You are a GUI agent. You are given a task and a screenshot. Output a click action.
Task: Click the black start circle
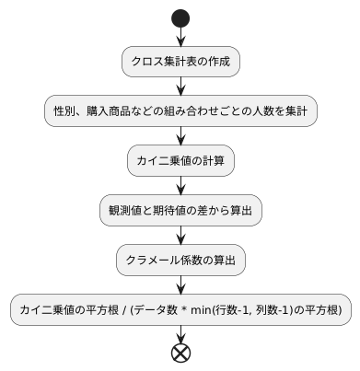pyautogui.click(x=180, y=18)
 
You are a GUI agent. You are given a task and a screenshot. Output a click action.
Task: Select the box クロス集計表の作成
pyautogui.click(x=180, y=62)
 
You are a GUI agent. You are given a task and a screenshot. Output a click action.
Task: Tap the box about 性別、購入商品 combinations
pyautogui.click(x=180, y=111)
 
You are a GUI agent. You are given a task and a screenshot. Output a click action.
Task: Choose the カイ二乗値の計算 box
pyautogui.click(x=180, y=161)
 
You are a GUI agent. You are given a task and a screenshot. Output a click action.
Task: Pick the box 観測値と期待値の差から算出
pyautogui.click(x=180, y=211)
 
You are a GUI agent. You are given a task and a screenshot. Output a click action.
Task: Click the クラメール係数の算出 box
pyautogui.click(x=180, y=261)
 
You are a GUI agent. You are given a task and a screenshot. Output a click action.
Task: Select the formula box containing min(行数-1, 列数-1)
pyautogui.click(x=180, y=310)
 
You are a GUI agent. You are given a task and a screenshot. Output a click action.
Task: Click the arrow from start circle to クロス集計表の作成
pyautogui.click(x=180, y=37)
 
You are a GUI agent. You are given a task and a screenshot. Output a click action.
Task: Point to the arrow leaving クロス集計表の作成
pyautogui.click(x=180, y=86)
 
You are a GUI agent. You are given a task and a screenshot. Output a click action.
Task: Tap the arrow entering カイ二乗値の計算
pyautogui.click(x=180, y=136)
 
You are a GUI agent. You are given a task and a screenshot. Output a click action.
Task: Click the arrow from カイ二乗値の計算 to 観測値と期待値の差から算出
pyautogui.click(x=180, y=186)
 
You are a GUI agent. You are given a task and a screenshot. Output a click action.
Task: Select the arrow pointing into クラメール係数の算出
pyautogui.click(x=180, y=236)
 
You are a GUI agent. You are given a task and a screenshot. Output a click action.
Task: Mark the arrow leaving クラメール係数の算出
pyautogui.click(x=180, y=285)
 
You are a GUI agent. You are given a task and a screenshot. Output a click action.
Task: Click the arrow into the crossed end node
pyautogui.click(x=180, y=333)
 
